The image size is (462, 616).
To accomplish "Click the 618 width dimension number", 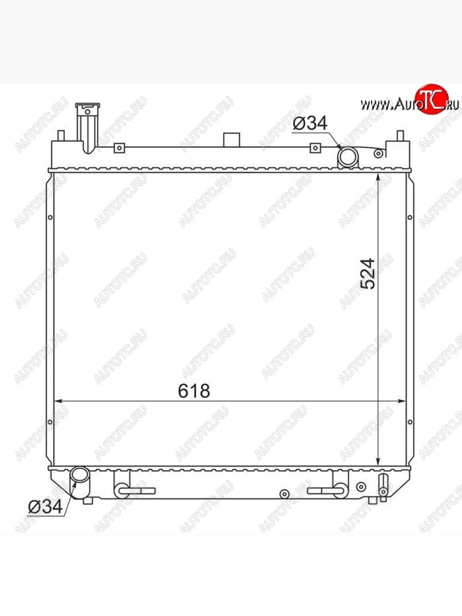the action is (x=194, y=391).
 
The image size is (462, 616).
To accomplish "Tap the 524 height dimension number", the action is (x=368, y=274).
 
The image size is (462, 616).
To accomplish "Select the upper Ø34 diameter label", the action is (x=310, y=123).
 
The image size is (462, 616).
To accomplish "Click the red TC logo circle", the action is (x=432, y=99).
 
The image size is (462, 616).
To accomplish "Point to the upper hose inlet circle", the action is (x=348, y=157).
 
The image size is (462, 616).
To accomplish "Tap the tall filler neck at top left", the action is (x=87, y=128).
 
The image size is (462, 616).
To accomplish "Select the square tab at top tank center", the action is (x=232, y=140).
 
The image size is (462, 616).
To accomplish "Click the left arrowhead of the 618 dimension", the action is (x=57, y=401).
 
